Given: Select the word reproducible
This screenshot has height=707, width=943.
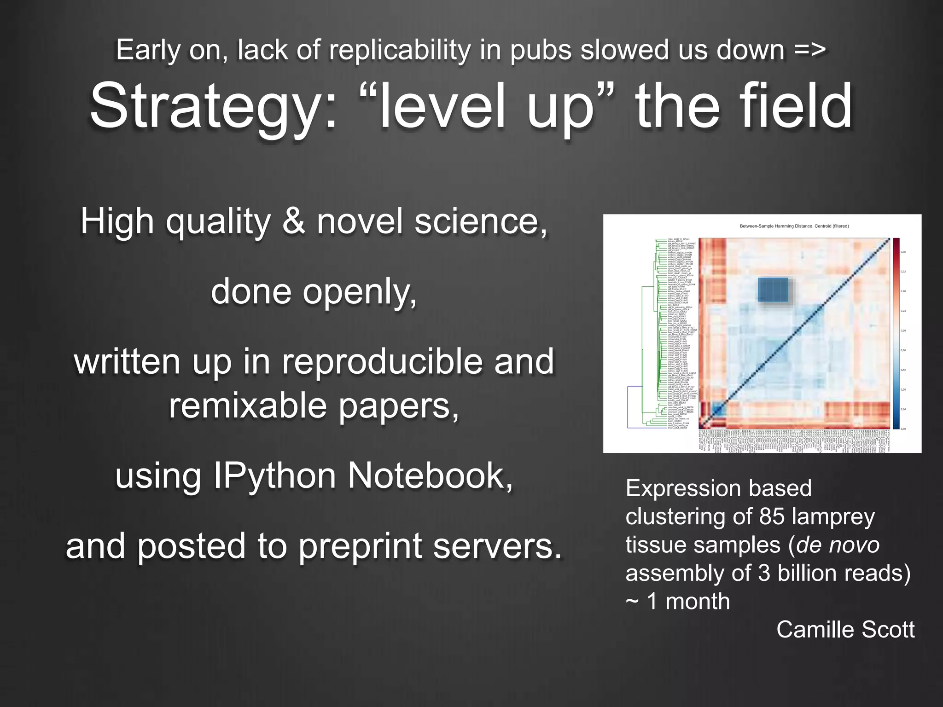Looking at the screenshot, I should point(383,361).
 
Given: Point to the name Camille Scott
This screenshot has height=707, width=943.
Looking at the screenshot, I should point(845,629).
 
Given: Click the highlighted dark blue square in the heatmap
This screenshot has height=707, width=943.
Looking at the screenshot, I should point(773,290).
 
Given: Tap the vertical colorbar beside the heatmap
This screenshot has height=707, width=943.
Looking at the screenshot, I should point(896,333).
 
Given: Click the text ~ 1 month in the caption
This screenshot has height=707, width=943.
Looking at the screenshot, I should point(678,601).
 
